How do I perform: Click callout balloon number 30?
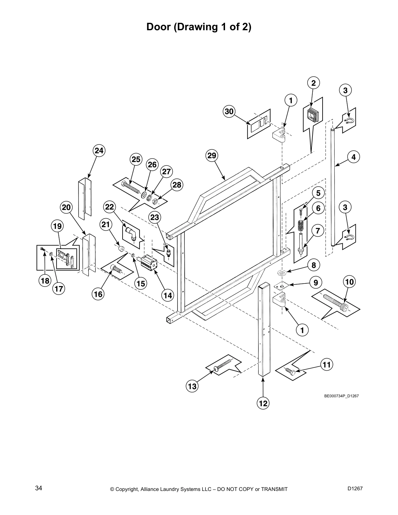point(229,112)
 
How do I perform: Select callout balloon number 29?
point(212,155)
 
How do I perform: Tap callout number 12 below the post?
point(263,403)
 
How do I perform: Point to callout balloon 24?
point(99,151)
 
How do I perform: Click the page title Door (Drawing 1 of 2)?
point(199,27)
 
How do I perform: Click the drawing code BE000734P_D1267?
point(341,396)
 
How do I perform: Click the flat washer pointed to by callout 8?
point(282,272)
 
